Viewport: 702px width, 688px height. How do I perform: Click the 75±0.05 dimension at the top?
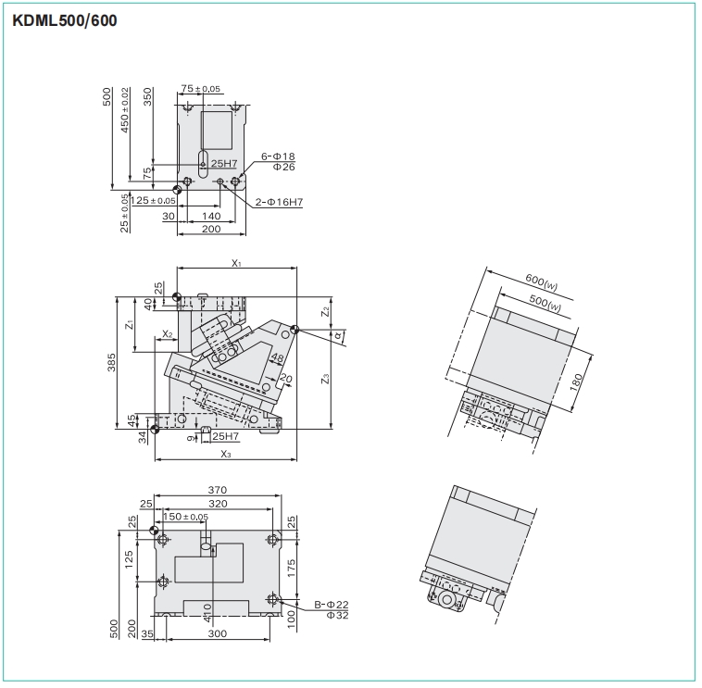201,89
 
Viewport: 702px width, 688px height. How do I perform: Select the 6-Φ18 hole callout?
278,156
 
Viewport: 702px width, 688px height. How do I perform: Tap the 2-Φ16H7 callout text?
280,201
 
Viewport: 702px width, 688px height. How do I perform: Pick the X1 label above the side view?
237,263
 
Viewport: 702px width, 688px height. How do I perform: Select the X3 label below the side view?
226,454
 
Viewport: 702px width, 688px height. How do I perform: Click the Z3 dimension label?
325,378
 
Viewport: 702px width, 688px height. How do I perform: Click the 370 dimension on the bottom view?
218,489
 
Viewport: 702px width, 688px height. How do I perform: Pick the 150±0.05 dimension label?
185,517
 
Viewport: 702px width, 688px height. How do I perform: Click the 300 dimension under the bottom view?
218,634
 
